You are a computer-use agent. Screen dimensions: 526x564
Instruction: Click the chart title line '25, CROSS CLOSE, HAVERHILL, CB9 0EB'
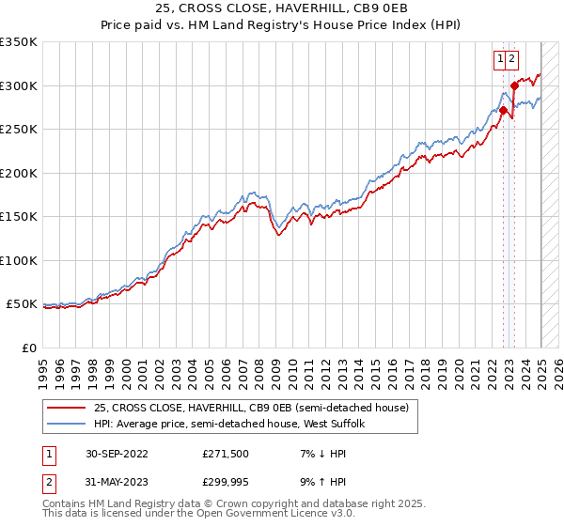tap(282, 8)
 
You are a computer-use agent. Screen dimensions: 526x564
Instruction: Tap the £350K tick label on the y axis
tap(19, 42)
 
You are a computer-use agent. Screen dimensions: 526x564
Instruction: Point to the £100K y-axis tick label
tap(19, 260)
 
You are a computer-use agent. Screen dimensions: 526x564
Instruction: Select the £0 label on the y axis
tap(29, 348)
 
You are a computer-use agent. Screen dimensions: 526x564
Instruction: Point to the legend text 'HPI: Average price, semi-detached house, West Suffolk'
tap(235, 425)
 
